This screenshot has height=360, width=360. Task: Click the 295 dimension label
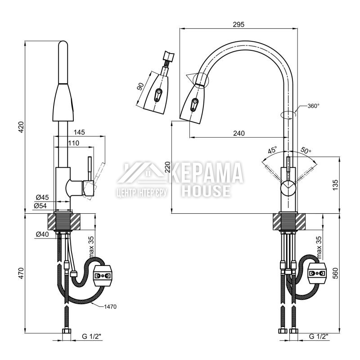click(x=239, y=24)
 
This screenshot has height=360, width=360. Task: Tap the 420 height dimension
click(x=21, y=127)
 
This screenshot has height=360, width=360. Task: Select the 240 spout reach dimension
click(x=239, y=133)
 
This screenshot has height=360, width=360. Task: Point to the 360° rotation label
click(x=313, y=106)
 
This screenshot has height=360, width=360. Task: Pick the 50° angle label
click(x=306, y=150)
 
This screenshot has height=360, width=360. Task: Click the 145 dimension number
click(x=79, y=132)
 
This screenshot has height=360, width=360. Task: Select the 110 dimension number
click(x=73, y=143)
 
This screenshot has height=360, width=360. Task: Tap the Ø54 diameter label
click(x=40, y=206)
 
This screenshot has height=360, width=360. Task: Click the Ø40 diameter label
click(x=42, y=234)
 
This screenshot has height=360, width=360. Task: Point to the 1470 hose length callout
click(x=110, y=307)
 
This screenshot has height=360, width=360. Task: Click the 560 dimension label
click(x=335, y=273)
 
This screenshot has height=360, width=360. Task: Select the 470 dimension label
click(x=21, y=273)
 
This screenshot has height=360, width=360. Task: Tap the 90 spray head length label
click(x=140, y=86)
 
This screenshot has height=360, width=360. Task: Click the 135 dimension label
click(x=335, y=185)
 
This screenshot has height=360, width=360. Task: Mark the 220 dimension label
click(x=168, y=167)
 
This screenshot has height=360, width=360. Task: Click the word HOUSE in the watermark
click(x=206, y=191)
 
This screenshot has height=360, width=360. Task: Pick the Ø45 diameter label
click(x=42, y=197)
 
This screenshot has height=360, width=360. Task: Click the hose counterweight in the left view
click(x=102, y=275)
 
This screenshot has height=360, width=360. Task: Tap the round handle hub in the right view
click(x=288, y=188)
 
